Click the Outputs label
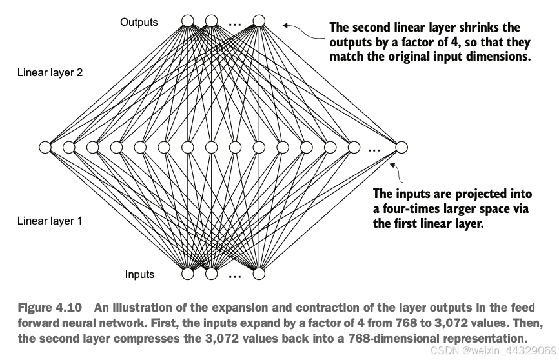[139, 22]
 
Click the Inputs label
[139, 274]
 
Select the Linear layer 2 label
[50, 73]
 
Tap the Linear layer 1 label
[50, 221]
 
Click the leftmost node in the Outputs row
[188, 21]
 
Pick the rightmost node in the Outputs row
[259, 21]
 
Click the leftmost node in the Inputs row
[188, 274]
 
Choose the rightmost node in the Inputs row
[259, 274]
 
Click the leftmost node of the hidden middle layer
[45, 147]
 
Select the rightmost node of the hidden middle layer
[401, 147]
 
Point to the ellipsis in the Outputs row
[234, 25]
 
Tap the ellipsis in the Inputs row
[234, 276]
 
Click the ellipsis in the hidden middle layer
[374, 150]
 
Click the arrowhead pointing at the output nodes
[285, 25]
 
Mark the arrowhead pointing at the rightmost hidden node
[392, 165]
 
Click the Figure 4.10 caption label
[50, 308]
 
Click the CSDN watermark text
[495, 350]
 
